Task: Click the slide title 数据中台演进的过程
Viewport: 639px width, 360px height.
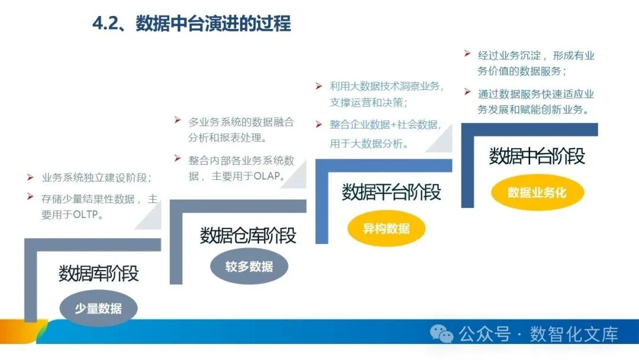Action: point(214,24)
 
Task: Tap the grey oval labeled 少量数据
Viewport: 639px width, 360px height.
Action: point(98,308)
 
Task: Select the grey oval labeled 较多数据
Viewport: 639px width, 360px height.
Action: point(249,266)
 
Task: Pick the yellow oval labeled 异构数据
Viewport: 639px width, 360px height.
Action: point(386,228)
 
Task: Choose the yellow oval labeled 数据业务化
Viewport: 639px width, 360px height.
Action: point(537,192)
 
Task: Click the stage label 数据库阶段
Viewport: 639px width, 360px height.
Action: point(99,274)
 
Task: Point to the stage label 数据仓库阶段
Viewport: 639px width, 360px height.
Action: point(248,235)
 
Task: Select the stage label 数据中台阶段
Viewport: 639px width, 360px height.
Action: point(537,156)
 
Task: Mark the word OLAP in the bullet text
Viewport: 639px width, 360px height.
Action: point(270,176)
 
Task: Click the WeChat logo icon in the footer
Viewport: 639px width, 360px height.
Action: point(442,334)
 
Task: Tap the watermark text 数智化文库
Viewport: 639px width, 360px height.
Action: point(574,334)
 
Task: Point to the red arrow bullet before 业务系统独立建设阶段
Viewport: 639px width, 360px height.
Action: point(30,177)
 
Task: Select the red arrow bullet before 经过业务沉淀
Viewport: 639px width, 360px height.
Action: point(467,54)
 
